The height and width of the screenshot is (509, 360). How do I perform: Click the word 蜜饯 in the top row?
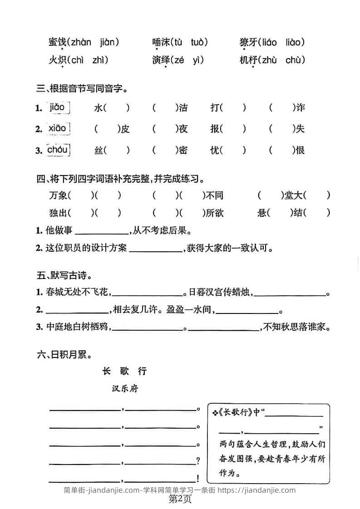pos(57,43)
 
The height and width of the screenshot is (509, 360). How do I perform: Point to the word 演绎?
pos(160,60)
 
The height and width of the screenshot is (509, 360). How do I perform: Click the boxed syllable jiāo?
pos(59,108)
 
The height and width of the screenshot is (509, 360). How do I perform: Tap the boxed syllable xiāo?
pos(59,129)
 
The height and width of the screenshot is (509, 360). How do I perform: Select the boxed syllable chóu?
pos(59,150)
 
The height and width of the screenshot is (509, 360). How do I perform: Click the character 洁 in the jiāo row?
pos(183,108)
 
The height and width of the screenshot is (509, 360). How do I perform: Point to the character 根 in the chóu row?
pos(300,151)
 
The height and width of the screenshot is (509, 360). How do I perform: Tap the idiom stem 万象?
pos(57,196)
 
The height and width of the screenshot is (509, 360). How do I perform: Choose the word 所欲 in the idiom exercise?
pos(215,213)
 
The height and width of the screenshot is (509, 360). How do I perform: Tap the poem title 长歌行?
pos(125,371)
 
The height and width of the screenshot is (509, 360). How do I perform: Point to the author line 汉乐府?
pos(125,389)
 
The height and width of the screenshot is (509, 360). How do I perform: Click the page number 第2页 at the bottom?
pos(180,499)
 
